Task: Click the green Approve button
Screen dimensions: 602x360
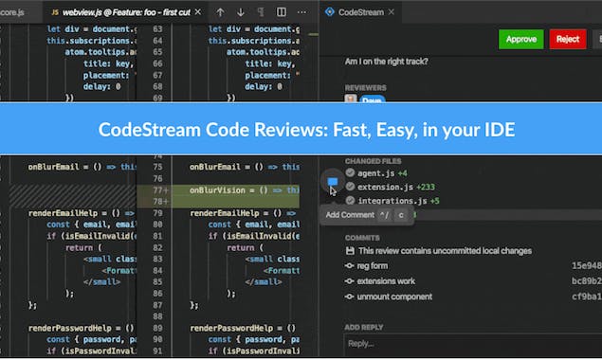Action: point(520,39)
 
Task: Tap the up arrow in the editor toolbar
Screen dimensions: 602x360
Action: point(221,12)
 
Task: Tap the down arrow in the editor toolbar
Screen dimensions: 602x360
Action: point(240,12)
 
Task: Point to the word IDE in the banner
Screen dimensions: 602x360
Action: point(499,128)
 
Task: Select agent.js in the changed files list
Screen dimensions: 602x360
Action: point(375,173)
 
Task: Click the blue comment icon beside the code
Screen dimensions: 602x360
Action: point(332,183)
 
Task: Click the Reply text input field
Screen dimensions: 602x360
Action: point(469,343)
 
